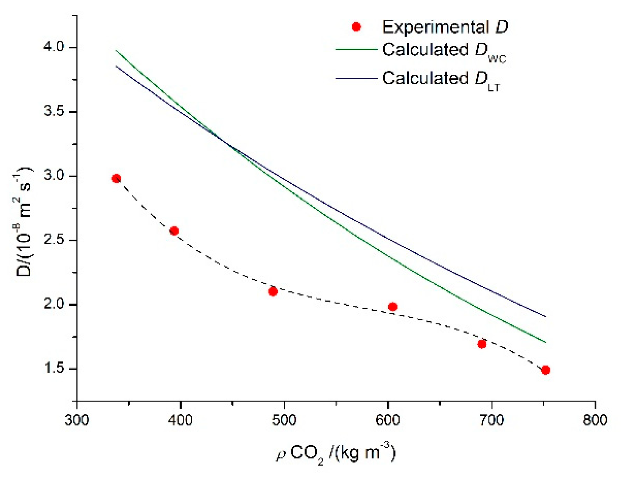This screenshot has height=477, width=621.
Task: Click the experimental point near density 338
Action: coord(116,178)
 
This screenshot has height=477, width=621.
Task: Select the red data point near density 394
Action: coord(174,231)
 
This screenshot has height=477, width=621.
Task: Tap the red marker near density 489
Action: coord(273,291)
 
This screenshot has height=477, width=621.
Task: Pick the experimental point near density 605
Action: coord(393,307)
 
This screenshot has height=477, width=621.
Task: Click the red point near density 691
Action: coord(482,344)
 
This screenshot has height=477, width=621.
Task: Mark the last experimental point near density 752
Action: coord(545,370)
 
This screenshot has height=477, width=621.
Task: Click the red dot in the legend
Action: coord(356,27)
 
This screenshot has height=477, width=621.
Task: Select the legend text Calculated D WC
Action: coord(444,51)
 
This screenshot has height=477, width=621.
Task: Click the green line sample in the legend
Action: coord(356,50)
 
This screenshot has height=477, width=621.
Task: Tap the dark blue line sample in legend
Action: coord(356,78)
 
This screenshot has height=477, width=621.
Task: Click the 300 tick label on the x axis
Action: coord(77,420)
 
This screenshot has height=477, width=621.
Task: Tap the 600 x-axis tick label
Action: coord(388,420)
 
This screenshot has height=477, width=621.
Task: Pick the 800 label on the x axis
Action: coord(595,420)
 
